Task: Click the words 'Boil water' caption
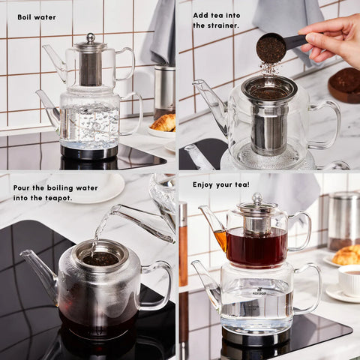[37, 17]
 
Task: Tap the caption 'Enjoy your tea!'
[221, 184]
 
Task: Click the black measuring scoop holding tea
[277, 46]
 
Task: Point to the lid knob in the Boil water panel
[91, 38]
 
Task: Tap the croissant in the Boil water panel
[164, 123]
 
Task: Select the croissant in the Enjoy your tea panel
[346, 255]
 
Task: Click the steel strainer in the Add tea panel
[269, 115]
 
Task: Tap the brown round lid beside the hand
[345, 85]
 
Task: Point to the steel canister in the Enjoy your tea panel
[344, 222]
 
